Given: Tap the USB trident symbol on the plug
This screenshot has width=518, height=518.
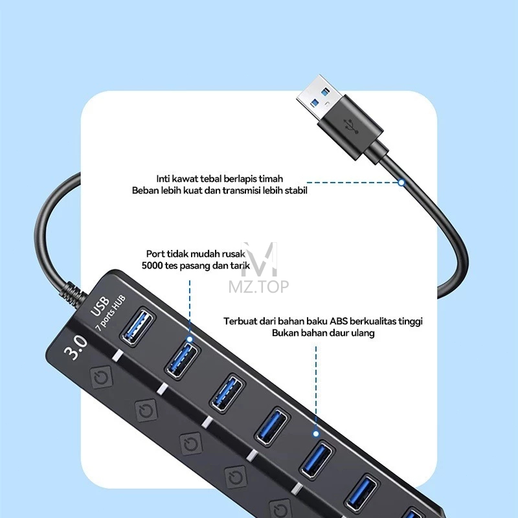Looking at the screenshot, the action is click(x=351, y=126).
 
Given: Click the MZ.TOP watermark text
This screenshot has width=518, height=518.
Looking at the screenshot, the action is click(x=258, y=287).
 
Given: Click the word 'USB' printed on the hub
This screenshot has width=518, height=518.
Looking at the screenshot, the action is click(x=100, y=306).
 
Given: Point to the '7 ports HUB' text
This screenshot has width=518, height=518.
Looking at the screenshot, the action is click(x=110, y=313).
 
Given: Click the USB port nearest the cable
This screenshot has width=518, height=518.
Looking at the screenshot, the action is click(x=137, y=328).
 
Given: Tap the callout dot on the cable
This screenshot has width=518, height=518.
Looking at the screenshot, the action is click(x=401, y=183).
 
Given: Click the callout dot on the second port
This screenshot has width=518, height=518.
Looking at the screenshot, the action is click(x=190, y=339).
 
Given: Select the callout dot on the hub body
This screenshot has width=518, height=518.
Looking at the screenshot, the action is click(x=316, y=434).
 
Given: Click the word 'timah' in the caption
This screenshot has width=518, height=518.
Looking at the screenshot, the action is click(x=271, y=179).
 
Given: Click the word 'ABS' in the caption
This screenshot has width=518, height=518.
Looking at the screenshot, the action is click(x=339, y=321).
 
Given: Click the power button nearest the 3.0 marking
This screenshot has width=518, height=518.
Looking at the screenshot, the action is click(x=102, y=377).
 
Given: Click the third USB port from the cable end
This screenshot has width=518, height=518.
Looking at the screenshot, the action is click(x=228, y=393).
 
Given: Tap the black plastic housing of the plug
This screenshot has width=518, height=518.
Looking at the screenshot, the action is click(x=351, y=127).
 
